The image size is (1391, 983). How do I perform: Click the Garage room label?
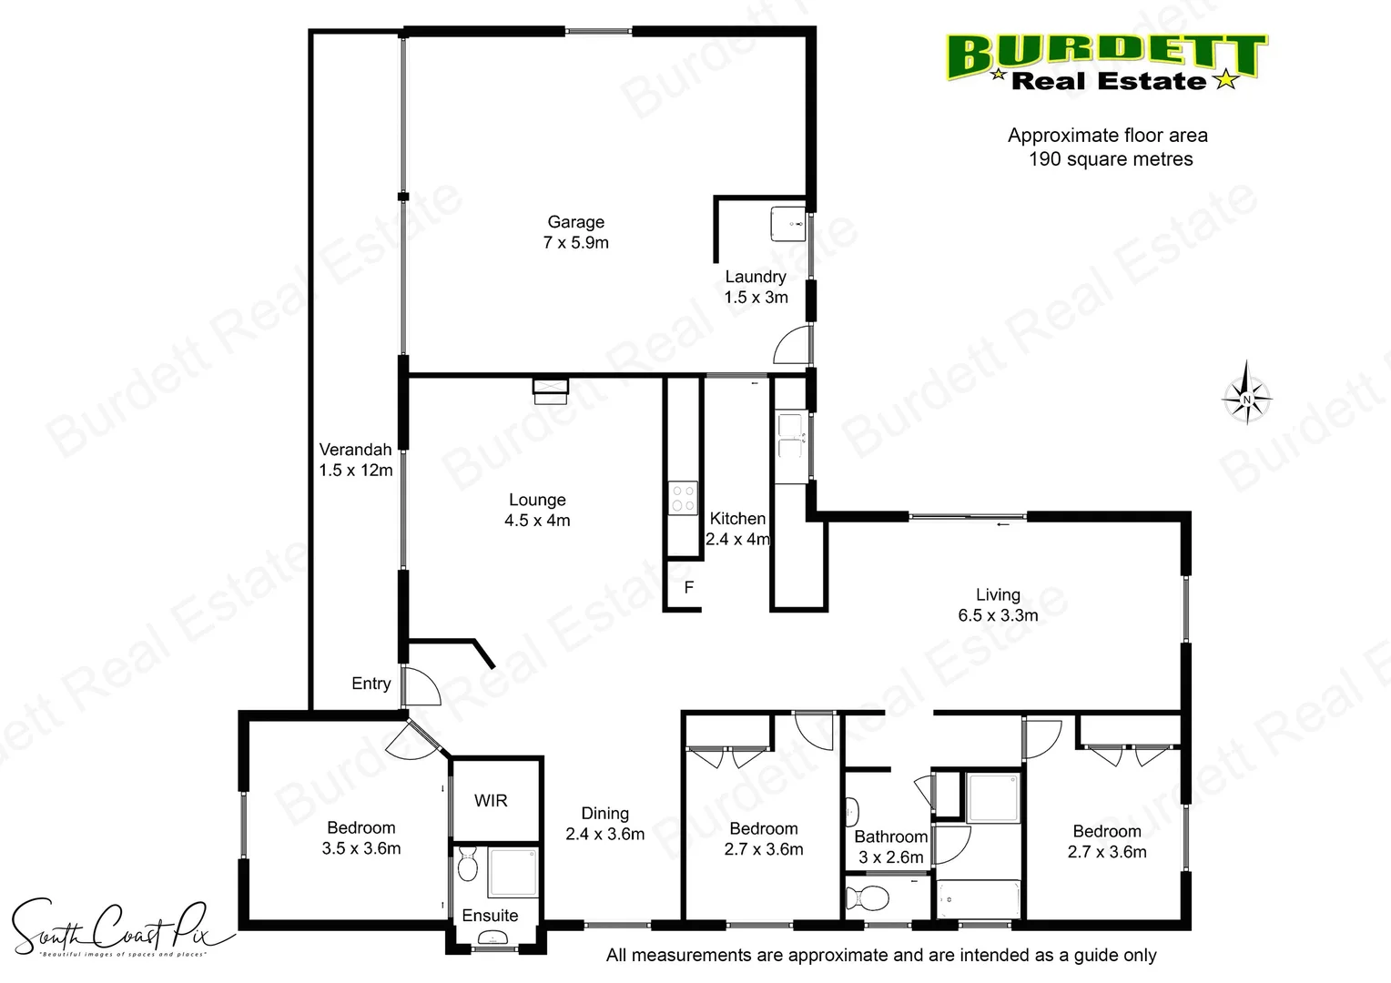[575, 232]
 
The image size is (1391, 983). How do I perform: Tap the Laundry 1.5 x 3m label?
[756, 287]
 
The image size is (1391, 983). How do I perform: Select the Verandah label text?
[356, 460]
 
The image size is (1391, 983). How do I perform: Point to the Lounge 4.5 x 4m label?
[537, 510]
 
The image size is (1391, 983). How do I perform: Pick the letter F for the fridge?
[689, 588]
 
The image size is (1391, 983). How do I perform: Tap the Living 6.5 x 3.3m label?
[998, 604]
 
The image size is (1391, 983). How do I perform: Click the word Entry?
[371, 684]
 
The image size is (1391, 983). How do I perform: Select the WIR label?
[491, 801]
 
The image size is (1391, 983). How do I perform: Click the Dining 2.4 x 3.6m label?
[604, 824]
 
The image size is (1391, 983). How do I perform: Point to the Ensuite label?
[490, 916]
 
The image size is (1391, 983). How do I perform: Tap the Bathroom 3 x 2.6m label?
[890, 846]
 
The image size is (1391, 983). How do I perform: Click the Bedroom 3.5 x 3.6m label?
[361, 837]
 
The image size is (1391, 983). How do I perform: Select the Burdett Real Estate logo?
[1106, 62]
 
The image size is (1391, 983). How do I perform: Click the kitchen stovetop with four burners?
[684, 498]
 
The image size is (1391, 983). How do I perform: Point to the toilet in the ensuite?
[468, 864]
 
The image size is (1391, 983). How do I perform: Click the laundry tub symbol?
[787, 223]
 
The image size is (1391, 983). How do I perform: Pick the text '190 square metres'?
[1111, 159]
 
